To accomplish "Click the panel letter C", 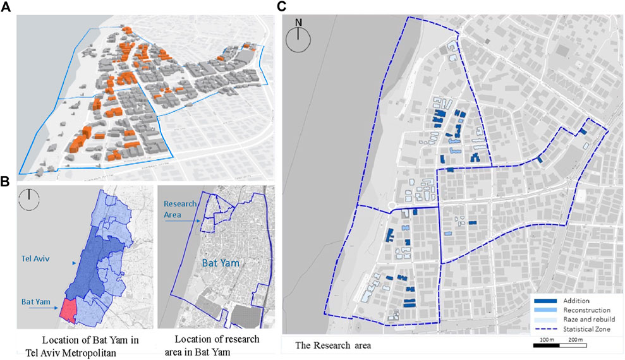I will pyautogui.click(x=282, y=7).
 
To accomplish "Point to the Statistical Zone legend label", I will pyautogui.click(x=588, y=330).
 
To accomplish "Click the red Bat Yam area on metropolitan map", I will pyautogui.click(x=67, y=311).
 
